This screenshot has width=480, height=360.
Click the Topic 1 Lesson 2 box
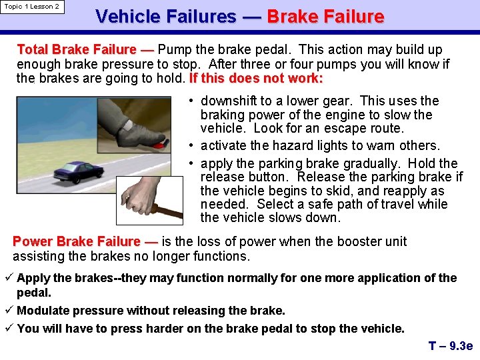pos(32,7)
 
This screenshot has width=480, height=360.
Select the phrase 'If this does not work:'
pos(256,79)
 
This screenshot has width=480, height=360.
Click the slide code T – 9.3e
pos(450,346)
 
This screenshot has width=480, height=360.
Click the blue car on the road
pos(79,173)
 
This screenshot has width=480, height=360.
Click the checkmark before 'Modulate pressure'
pos(9,311)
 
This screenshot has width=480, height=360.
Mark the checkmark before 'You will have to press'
pos(9,329)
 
